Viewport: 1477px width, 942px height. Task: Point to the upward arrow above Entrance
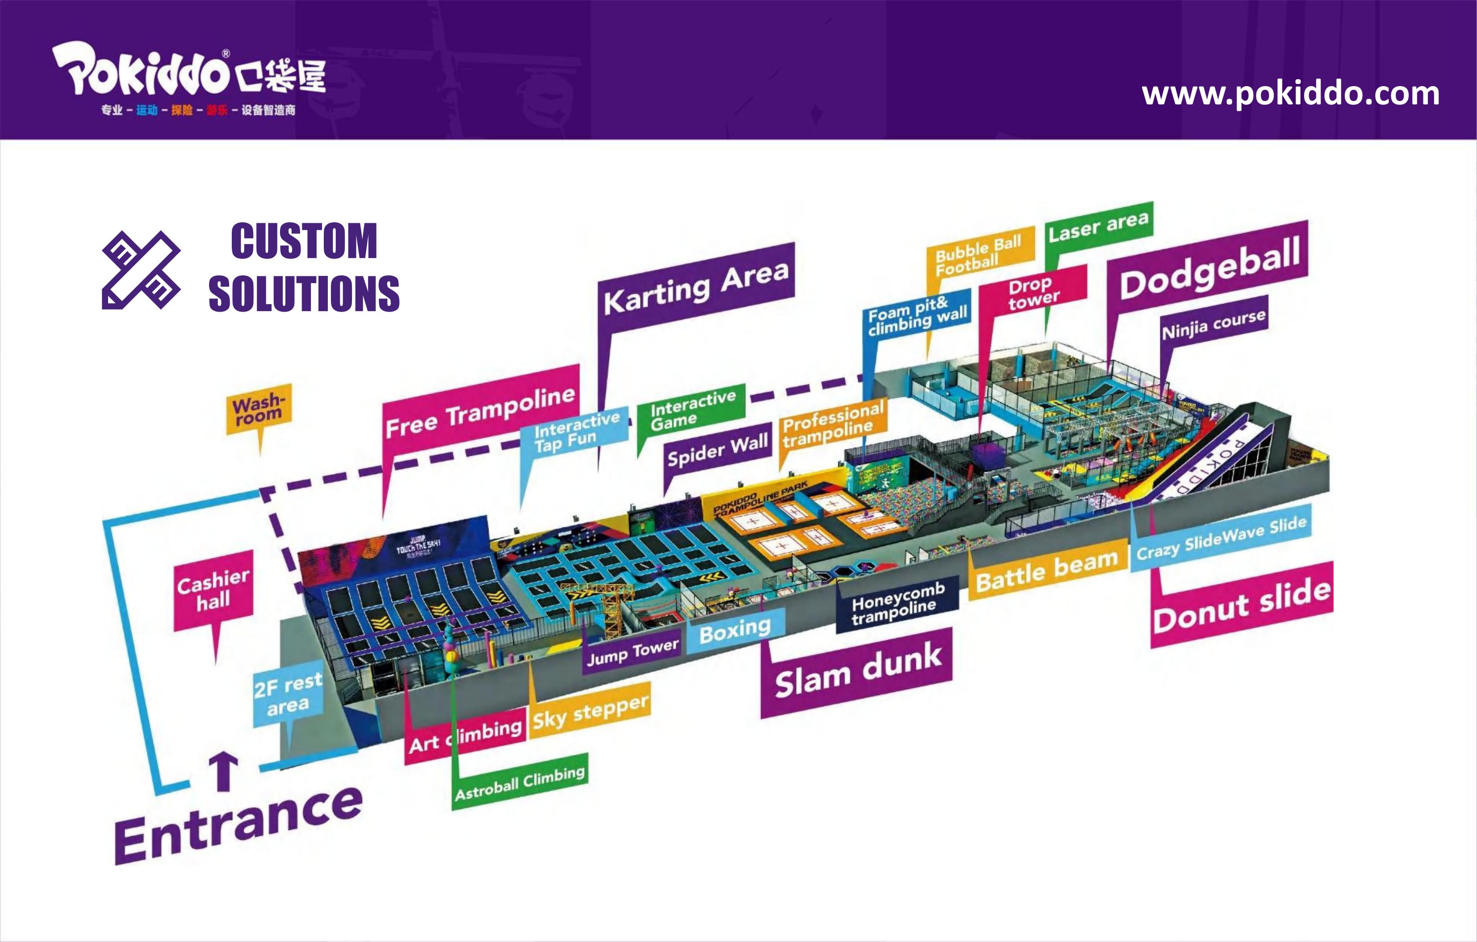[223, 771]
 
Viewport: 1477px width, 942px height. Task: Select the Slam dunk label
[857, 672]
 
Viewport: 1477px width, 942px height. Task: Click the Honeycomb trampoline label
[897, 604]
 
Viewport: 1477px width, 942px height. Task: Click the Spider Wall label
[718, 450]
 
